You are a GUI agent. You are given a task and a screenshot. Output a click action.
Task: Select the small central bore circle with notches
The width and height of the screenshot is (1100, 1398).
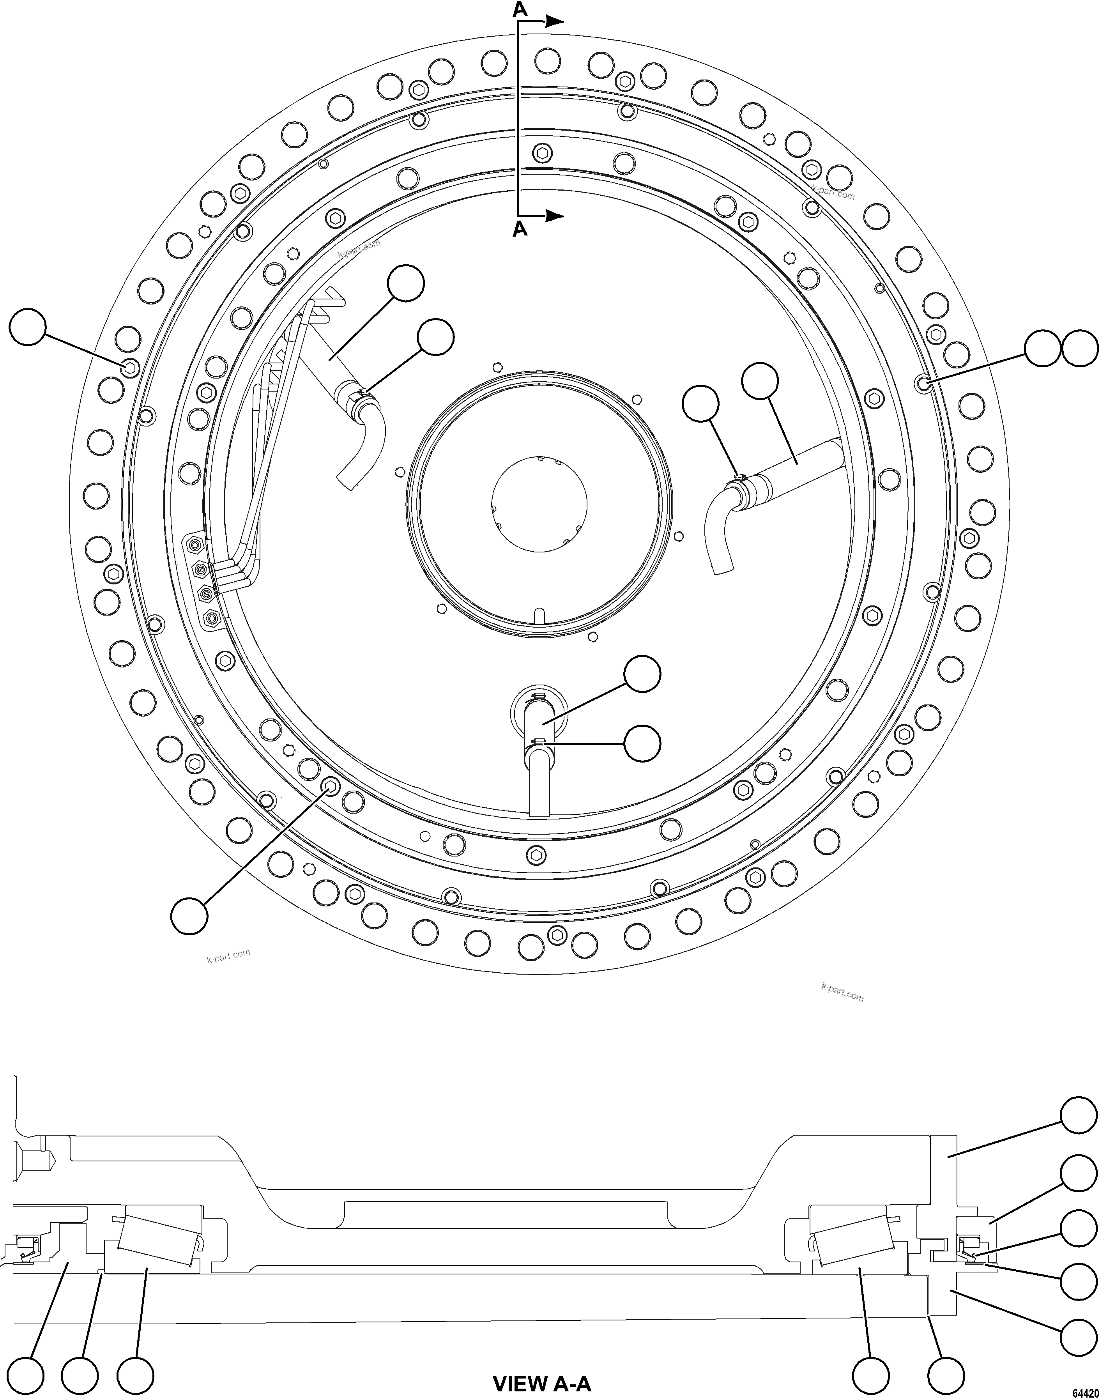[539, 504]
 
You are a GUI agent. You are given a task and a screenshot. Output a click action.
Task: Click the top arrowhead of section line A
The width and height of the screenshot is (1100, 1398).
[555, 21]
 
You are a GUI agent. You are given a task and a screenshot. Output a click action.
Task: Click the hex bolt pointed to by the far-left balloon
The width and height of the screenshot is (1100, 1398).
[130, 367]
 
